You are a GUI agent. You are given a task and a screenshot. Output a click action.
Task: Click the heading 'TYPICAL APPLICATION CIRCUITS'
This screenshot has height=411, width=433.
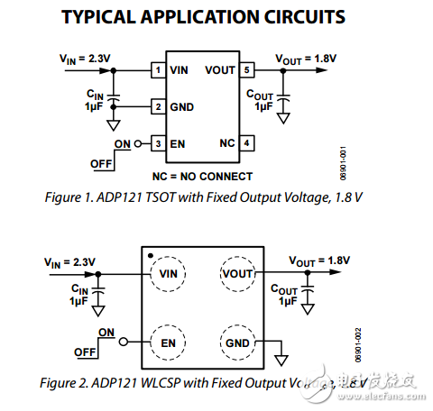pyautogui.click(x=216, y=17)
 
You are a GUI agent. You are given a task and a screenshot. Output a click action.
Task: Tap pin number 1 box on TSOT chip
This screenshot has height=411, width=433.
pyautogui.click(x=157, y=69)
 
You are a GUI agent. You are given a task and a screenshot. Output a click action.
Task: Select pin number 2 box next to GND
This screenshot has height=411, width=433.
pyautogui.click(x=157, y=105)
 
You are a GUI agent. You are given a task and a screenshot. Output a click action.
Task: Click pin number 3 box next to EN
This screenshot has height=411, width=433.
pyautogui.click(x=157, y=142)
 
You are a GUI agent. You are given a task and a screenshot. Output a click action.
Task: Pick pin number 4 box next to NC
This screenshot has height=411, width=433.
pyautogui.click(x=246, y=142)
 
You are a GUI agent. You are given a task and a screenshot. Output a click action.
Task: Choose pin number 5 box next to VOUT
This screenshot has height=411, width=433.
pyautogui.click(x=246, y=69)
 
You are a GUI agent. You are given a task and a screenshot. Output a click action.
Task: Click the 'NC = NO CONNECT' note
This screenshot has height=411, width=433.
pyautogui.click(x=201, y=176)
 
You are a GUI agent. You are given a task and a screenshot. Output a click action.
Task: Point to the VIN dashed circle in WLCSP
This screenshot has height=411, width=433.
pyautogui.click(x=168, y=272)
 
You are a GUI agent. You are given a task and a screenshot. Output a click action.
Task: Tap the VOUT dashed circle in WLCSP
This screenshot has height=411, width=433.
pyautogui.click(x=237, y=272)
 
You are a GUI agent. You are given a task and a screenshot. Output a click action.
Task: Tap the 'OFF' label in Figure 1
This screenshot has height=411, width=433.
pyautogui.click(x=102, y=163)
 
